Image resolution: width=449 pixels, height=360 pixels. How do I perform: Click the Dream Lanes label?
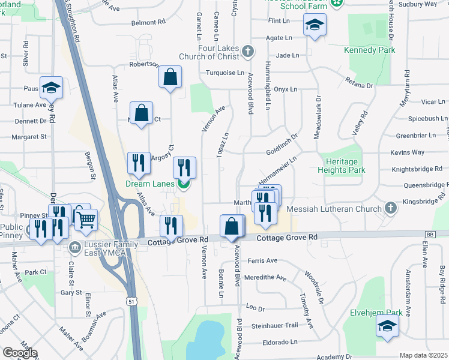(x=150, y=184)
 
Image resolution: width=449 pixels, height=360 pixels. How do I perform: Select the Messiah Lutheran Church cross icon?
(x=391, y=209)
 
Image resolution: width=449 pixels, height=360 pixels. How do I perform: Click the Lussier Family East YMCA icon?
(x=75, y=247)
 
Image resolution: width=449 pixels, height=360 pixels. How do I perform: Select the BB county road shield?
(x=429, y=234)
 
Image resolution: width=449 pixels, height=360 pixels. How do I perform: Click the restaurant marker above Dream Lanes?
(x=184, y=167)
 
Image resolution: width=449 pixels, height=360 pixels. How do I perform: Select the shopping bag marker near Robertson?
(x=170, y=77)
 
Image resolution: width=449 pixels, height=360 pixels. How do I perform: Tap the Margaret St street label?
(x=29, y=137)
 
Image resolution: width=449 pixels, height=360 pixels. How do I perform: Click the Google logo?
(x=20, y=353)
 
